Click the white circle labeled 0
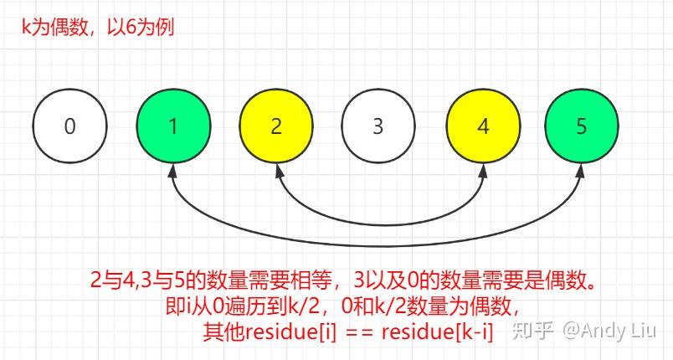point(69,127)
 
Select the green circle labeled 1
point(172,127)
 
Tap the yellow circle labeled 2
point(276,127)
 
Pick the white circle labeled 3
point(378,127)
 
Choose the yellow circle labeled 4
point(482,127)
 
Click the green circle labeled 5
point(583,127)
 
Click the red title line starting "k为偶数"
point(98,27)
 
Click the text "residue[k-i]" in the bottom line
point(437,332)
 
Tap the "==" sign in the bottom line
point(358,332)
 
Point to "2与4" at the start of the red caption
point(110,279)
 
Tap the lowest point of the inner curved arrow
point(378,224)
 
